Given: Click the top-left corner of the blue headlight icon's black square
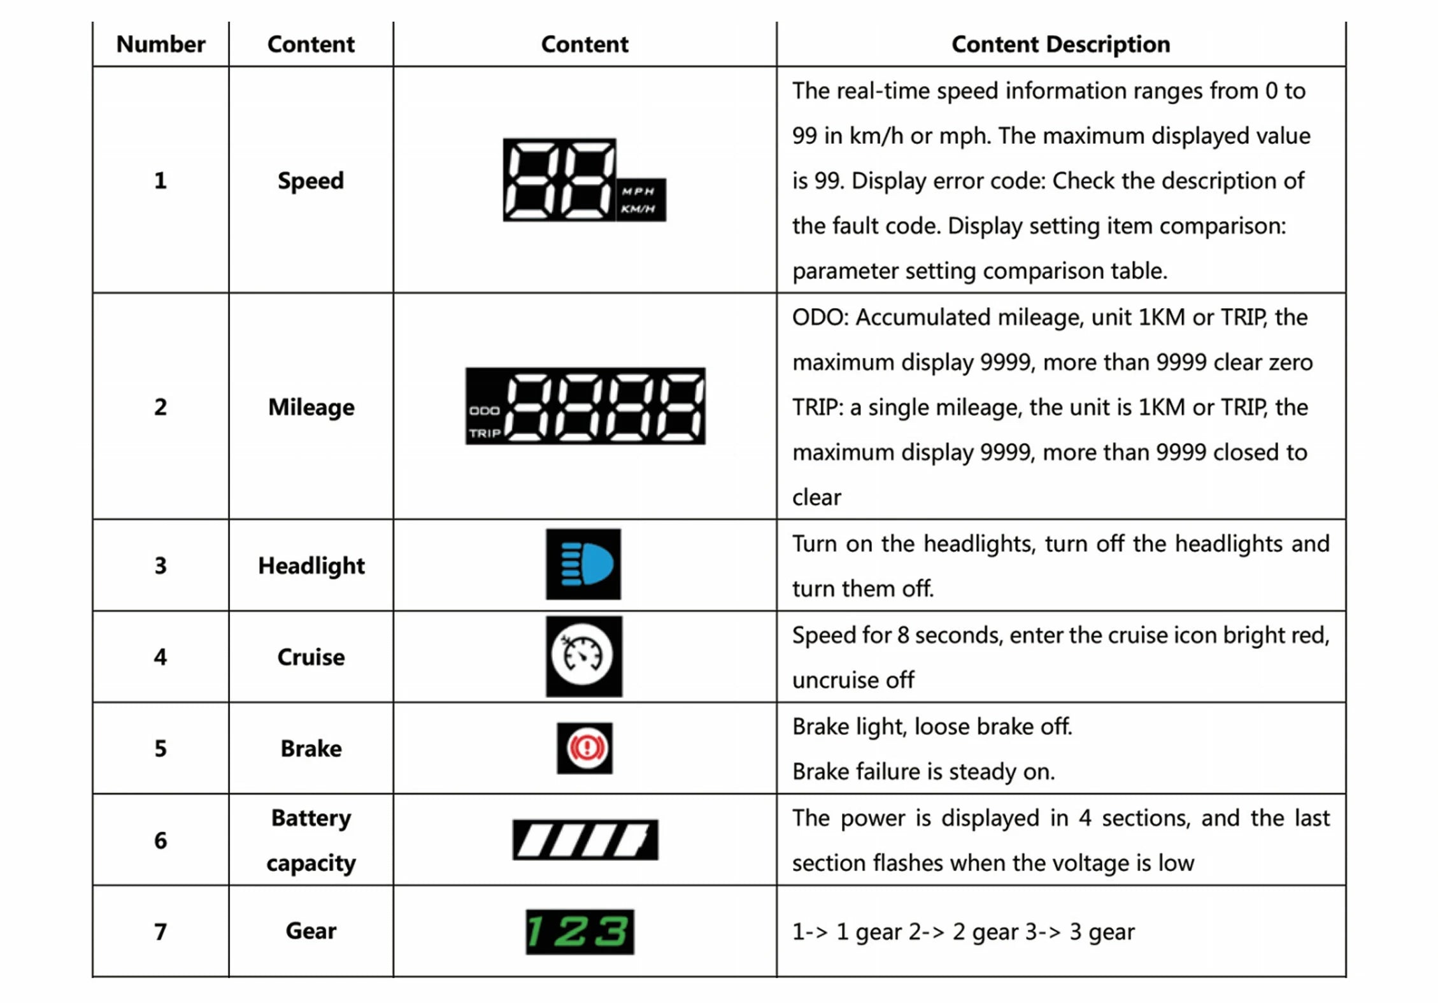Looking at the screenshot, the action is click(x=546, y=529).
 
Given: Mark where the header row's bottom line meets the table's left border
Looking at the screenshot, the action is click(x=93, y=66).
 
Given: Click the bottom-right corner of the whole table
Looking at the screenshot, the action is click(x=1346, y=976).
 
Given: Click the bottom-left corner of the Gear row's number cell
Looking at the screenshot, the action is click(x=93, y=976).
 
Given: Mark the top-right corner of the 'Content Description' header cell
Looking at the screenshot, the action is click(x=1346, y=22).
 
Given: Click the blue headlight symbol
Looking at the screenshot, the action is click(x=587, y=564).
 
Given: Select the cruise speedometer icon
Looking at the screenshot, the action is click(x=583, y=656).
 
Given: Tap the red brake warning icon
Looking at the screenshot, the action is click(x=585, y=748).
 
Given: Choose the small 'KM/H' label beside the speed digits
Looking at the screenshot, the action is click(x=638, y=209).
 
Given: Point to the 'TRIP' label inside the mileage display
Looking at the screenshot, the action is click(x=485, y=434).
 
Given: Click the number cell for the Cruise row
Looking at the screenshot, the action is click(x=160, y=657).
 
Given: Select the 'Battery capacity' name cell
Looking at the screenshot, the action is click(x=311, y=839).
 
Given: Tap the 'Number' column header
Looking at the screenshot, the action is click(x=160, y=44).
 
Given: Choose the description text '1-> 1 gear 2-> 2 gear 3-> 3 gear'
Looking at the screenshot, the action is click(x=963, y=932).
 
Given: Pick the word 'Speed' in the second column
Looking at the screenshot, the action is click(x=311, y=181).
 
